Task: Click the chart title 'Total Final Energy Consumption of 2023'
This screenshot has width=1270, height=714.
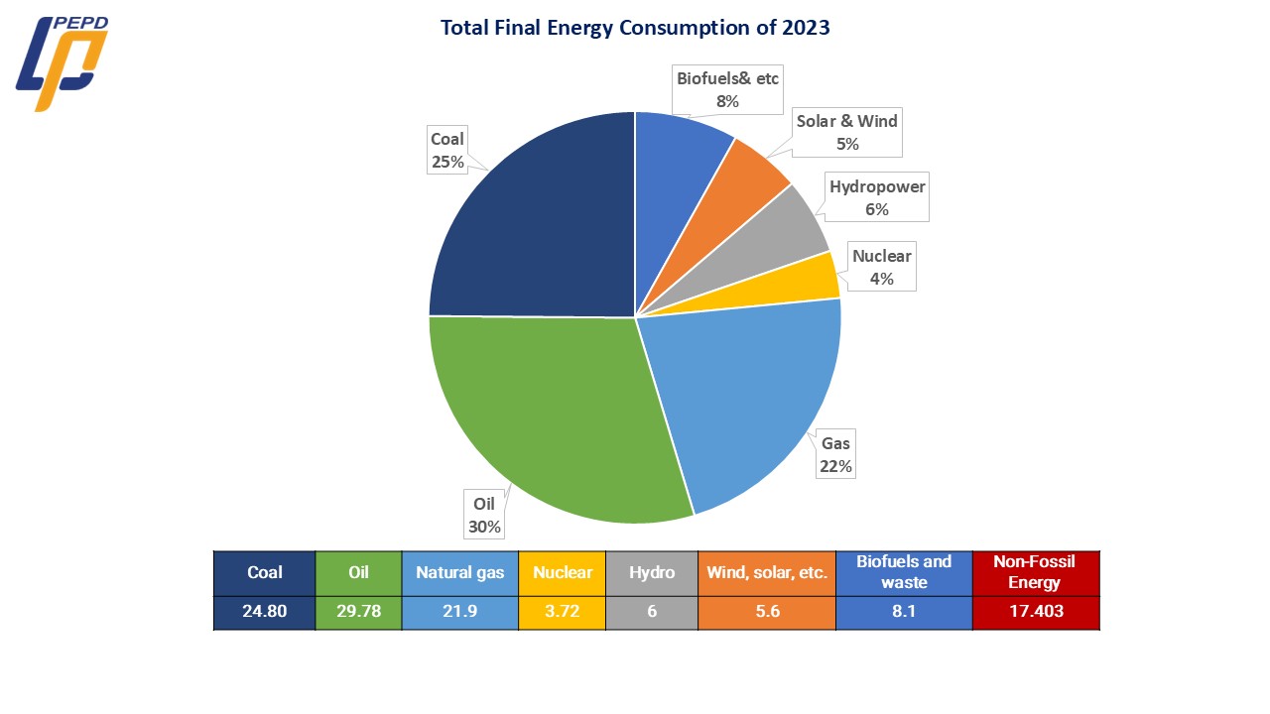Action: pyautogui.click(x=635, y=28)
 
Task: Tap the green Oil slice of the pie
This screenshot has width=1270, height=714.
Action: pyautogui.click(x=556, y=416)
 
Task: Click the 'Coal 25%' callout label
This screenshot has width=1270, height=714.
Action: pyautogui.click(x=447, y=150)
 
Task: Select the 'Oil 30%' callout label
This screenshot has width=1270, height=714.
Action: pyautogui.click(x=484, y=516)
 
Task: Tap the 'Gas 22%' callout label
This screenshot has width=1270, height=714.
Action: pyautogui.click(x=835, y=454)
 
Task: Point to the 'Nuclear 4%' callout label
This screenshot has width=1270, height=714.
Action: pyautogui.click(x=881, y=268)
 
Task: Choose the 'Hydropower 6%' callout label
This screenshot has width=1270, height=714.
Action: pyautogui.click(x=877, y=197)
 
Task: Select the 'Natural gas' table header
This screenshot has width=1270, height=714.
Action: pyautogui.click(x=459, y=572)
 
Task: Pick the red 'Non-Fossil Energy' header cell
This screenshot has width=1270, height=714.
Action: pyautogui.click(x=1035, y=572)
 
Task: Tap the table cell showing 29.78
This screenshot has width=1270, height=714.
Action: pyautogui.click(x=358, y=611)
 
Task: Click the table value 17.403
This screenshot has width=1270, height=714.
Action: pyautogui.click(x=1035, y=611)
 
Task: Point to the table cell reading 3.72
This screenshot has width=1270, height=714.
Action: pyautogui.click(x=562, y=611)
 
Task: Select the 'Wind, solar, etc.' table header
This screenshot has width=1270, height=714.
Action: pyautogui.click(x=767, y=572)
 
